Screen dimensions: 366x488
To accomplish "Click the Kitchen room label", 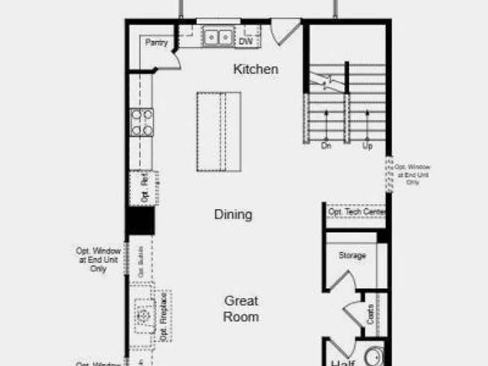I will click(x=256, y=69).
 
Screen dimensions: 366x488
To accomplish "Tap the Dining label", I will click(x=233, y=214).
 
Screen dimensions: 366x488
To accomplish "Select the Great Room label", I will click(x=241, y=309).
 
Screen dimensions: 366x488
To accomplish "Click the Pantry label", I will click(x=156, y=43).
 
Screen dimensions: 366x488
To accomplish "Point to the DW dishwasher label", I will click(x=246, y=41).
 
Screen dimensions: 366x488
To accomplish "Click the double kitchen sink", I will click(x=218, y=37).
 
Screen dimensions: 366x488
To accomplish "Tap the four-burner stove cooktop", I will click(x=142, y=122).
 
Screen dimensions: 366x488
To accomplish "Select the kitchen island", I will click(x=219, y=131).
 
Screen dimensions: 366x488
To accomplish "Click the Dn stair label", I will click(x=326, y=145).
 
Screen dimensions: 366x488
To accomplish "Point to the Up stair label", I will click(x=367, y=145).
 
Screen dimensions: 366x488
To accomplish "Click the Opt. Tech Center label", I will click(x=356, y=212).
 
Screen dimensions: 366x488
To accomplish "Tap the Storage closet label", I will click(x=352, y=255).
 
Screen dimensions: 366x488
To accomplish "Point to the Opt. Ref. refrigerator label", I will click(x=144, y=188).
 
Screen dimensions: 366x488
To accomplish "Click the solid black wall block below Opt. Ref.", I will click(x=140, y=221).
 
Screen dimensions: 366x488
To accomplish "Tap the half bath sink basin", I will click(x=374, y=357).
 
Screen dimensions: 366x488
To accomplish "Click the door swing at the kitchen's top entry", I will click(x=284, y=31).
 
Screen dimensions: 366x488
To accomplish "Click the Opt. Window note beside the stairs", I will click(x=413, y=175).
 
